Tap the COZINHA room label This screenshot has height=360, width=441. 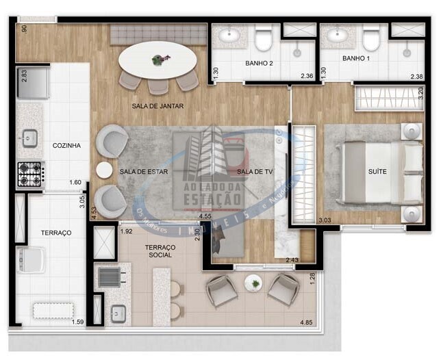[x=66, y=145]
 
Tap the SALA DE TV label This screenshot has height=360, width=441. [x=251, y=171]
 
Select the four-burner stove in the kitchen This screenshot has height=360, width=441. [x=30, y=174]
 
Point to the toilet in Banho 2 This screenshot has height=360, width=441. [x=263, y=40]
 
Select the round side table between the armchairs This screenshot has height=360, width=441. [x=104, y=170]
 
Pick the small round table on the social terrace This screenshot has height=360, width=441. [x=253, y=282]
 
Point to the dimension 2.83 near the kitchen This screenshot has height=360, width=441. [x=24, y=75]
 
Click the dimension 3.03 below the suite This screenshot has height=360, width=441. [x=325, y=220]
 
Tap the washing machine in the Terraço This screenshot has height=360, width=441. [x=31, y=259]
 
